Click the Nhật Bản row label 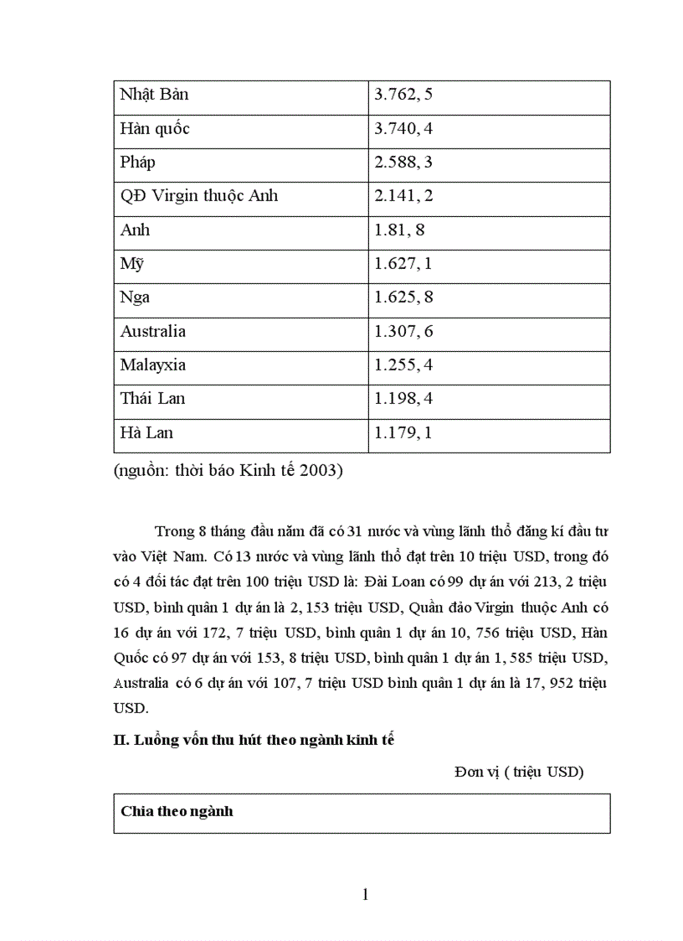click(x=154, y=95)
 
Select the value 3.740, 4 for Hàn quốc click(x=403, y=129)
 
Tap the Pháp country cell click(x=137, y=163)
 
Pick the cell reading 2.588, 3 click(x=403, y=163)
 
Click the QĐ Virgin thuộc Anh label click(x=199, y=196)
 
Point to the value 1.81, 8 click(x=399, y=230)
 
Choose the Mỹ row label click(x=132, y=264)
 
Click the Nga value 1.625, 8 click(x=403, y=297)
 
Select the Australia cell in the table click(x=153, y=331)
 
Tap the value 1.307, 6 click(x=403, y=331)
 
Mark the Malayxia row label click(x=153, y=365)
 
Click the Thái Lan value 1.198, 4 click(x=403, y=399)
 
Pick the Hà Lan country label click(x=146, y=433)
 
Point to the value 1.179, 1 click(x=403, y=433)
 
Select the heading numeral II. click(x=120, y=740)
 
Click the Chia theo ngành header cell click(x=177, y=811)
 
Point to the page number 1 click(x=365, y=895)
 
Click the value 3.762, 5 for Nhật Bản click(x=403, y=95)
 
